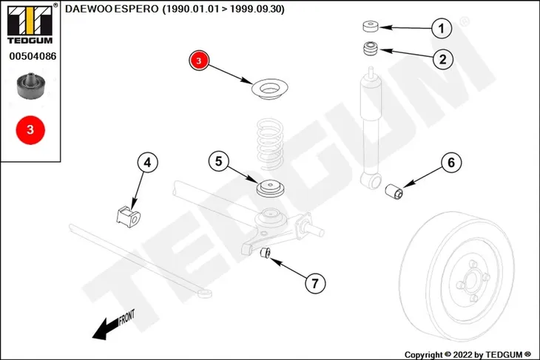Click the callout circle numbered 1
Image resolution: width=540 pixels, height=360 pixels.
442,28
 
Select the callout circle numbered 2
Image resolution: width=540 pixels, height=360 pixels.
442,59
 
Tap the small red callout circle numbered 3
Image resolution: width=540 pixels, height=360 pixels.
199,61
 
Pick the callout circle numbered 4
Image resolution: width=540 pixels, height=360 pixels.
147,163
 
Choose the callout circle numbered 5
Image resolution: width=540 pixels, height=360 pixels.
219,161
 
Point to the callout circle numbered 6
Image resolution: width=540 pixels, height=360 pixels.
451,163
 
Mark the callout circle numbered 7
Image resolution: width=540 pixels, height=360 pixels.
315,283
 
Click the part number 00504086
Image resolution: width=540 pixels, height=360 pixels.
33,56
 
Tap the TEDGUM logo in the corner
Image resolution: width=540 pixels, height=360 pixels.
30,24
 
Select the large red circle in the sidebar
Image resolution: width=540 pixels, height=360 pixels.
30,130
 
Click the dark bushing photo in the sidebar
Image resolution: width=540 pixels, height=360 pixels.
30,86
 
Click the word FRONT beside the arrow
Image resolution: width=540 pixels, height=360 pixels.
126,317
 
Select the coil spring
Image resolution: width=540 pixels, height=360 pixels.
270,143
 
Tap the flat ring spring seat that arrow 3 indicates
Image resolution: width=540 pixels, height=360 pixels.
270,89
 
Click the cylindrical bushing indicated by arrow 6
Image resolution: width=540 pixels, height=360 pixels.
394,191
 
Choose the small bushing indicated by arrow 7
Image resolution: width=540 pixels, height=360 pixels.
265,253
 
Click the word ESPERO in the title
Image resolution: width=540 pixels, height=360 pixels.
136,10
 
